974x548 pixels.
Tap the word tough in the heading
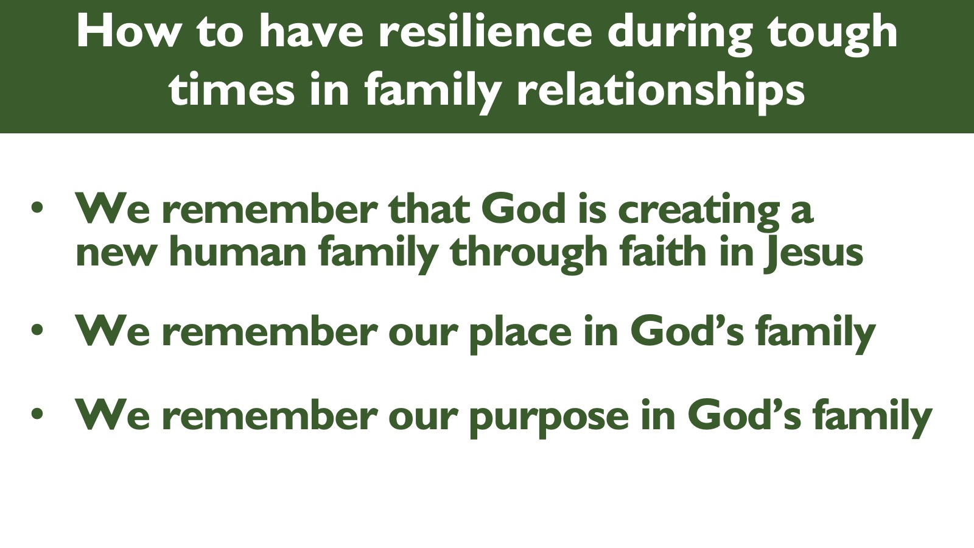[x=833, y=35]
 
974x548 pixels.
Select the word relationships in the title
[x=660, y=91]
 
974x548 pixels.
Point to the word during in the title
[x=681, y=35]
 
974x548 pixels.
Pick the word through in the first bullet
[x=528, y=253]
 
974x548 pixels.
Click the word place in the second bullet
[x=520, y=334]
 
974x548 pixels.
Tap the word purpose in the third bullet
[x=549, y=418]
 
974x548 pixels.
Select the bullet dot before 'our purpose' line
[x=37, y=413]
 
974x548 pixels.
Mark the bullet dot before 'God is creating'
[x=37, y=208]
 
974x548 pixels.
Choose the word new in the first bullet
[x=115, y=255]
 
